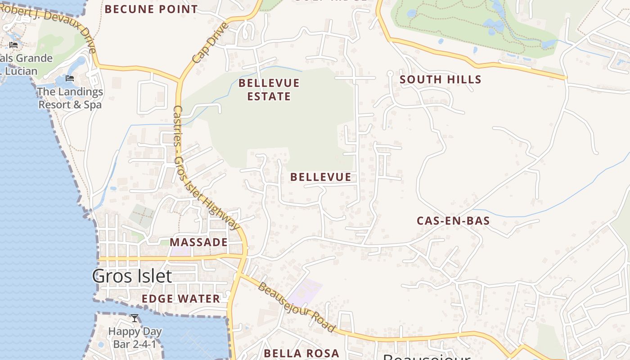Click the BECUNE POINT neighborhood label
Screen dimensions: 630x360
(151, 9)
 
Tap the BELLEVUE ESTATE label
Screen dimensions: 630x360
(269, 90)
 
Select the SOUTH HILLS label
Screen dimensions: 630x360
(441, 80)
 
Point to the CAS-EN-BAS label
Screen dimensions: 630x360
(453, 220)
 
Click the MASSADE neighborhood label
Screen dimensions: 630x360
(198, 242)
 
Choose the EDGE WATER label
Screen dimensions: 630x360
(181, 299)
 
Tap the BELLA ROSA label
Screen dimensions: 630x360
(301, 353)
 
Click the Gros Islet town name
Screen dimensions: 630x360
(132, 276)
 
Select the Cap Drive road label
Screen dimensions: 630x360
(210, 43)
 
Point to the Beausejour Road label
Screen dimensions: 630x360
(297, 307)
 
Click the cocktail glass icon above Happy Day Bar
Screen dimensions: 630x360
(134, 319)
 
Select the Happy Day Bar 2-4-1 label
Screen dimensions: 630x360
(135, 338)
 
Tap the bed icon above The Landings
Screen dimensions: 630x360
(70, 78)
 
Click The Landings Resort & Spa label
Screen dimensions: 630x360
(70, 98)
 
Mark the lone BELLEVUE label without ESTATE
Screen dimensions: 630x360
(320, 177)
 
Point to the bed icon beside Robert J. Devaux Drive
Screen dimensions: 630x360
(13, 45)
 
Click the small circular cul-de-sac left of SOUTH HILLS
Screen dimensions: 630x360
(390, 72)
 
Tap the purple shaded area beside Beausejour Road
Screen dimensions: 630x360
(305, 291)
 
